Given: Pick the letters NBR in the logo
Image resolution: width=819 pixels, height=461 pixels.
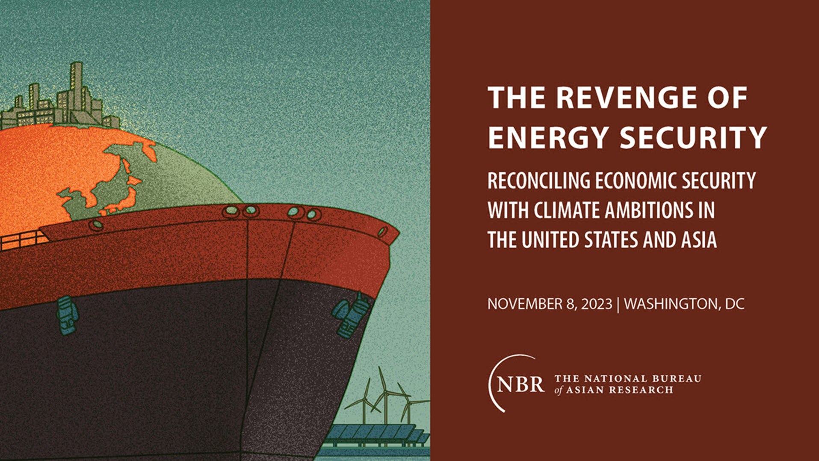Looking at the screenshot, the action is click(520, 384).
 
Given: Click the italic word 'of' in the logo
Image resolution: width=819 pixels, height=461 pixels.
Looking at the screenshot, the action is click(559, 390).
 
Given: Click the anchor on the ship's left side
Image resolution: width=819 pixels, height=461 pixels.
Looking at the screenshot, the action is click(67, 315).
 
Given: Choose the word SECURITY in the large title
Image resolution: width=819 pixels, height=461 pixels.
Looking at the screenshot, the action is click(693, 137).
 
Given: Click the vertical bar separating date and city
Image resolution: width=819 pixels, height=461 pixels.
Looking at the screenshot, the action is click(618, 305).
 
